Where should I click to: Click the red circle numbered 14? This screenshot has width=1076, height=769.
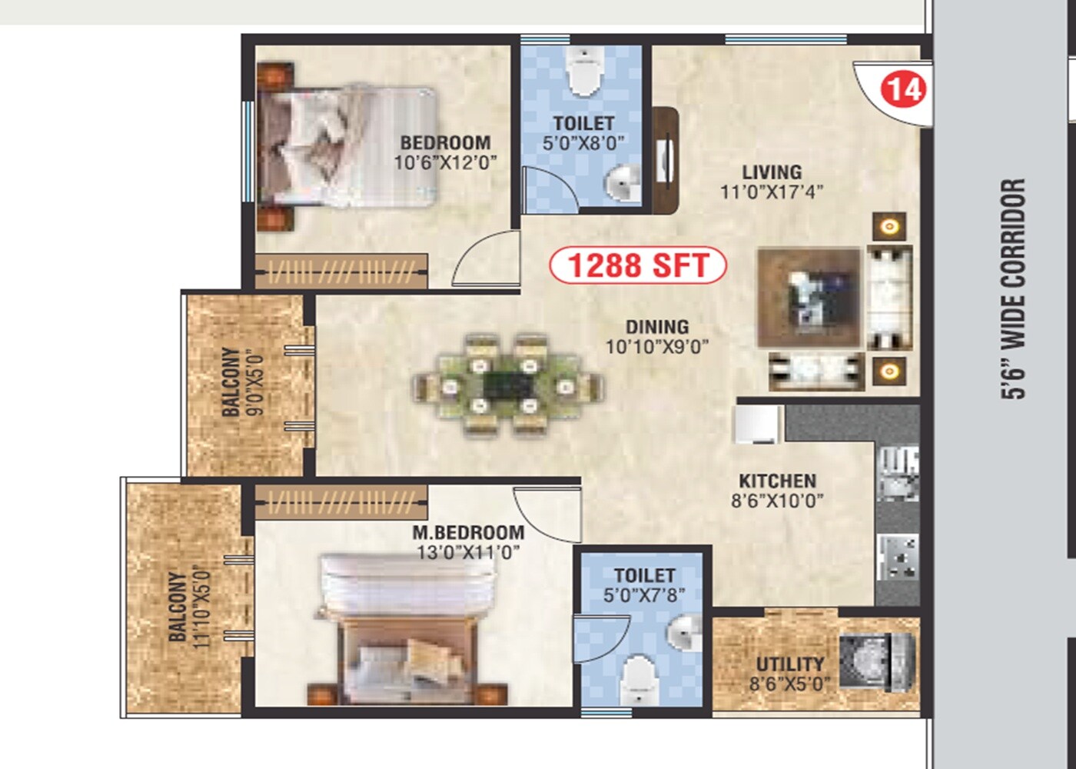pyautogui.click(x=904, y=88)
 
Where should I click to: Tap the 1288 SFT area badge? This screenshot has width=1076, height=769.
pyautogui.click(x=637, y=265)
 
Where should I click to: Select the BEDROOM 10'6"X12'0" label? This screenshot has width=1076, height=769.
pyautogui.click(x=445, y=152)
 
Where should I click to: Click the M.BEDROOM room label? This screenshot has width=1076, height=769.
pyautogui.click(x=468, y=542)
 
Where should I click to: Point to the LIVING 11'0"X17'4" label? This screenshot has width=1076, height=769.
pyautogui.click(x=771, y=181)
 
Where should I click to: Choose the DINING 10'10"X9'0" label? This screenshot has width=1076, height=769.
pyautogui.click(x=656, y=337)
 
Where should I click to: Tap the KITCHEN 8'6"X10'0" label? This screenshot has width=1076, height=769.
pyautogui.click(x=777, y=491)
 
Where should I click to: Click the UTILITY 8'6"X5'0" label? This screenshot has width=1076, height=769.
pyautogui.click(x=789, y=674)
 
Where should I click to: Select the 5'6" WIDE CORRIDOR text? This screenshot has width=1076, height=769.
pyautogui.click(x=1014, y=288)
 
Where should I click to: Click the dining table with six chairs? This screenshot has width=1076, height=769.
pyautogui.click(x=507, y=385)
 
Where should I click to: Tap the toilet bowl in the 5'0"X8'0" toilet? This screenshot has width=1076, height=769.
pyautogui.click(x=583, y=73)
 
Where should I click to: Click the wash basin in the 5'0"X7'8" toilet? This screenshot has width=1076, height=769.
pyautogui.click(x=683, y=634)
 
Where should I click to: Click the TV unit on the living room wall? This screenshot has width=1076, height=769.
pyautogui.click(x=666, y=160)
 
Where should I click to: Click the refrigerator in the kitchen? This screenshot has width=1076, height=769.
pyautogui.click(x=758, y=424)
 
